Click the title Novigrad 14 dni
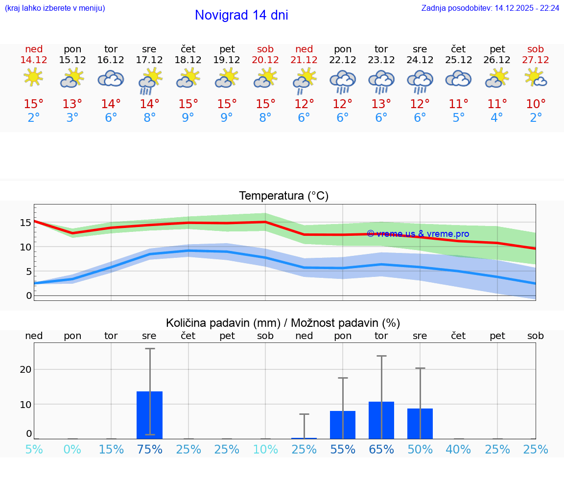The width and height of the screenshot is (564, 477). [x=241, y=15]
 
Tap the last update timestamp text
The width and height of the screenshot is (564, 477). [x=490, y=8]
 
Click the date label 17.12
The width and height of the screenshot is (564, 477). [x=149, y=60]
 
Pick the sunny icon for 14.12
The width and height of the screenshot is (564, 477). [x=33, y=77]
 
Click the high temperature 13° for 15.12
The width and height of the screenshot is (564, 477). [x=72, y=104]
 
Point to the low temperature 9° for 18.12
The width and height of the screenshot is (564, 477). [x=188, y=118]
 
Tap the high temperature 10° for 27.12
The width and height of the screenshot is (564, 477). [x=536, y=104]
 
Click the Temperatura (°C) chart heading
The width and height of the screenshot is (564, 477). [x=283, y=196]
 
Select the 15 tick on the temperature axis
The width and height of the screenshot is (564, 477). [x=25, y=223]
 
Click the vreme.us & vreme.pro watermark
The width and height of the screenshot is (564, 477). [x=418, y=234]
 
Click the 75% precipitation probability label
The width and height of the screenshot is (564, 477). [x=149, y=450]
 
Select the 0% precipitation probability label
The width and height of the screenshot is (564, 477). [x=72, y=450]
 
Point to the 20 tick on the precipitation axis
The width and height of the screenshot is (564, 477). [x=25, y=369]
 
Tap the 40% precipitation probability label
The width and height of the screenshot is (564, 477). [x=458, y=450]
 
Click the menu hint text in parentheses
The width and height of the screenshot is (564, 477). [x=55, y=8]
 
